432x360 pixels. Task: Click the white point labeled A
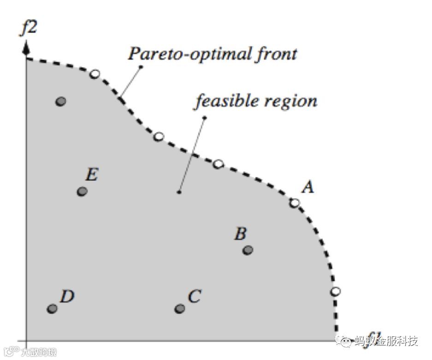point(294,203)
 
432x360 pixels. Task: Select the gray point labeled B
point(248,250)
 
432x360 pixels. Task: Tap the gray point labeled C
point(180,308)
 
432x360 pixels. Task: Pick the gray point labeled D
point(53,308)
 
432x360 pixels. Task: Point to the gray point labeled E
point(82,191)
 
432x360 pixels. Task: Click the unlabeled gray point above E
point(60,101)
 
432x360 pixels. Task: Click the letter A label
point(308,187)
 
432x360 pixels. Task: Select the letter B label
point(240,234)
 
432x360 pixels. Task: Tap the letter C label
point(195,296)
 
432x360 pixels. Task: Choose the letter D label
point(67,296)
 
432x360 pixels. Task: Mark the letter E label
point(91,175)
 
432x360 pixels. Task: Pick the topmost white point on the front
point(95,74)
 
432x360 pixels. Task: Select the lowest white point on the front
point(336,291)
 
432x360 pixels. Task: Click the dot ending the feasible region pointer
point(178,192)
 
